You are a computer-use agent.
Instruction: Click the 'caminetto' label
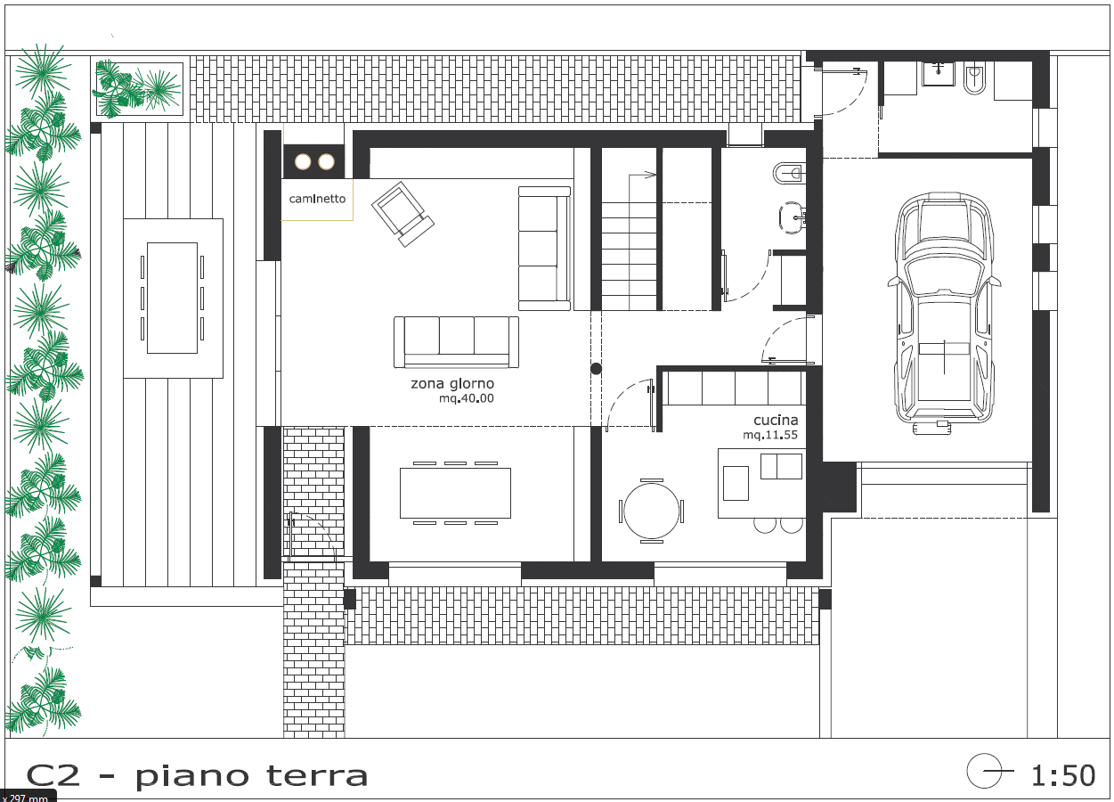click(x=317, y=199)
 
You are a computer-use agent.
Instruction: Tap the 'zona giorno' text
click(x=452, y=383)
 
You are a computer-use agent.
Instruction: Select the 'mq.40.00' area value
click(x=467, y=398)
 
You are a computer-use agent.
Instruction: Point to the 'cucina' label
click(x=776, y=421)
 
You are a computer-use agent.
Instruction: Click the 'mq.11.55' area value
click(x=770, y=436)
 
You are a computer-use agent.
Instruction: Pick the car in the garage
click(x=944, y=314)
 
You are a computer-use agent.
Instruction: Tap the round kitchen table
click(x=652, y=511)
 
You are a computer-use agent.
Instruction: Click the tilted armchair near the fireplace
click(x=403, y=214)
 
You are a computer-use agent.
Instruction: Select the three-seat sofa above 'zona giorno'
click(x=456, y=342)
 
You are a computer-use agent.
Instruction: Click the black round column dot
click(x=597, y=369)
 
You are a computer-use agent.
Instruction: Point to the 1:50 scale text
click(x=1063, y=775)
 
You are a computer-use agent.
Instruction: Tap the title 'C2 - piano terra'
click(x=197, y=776)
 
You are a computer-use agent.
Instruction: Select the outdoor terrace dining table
click(x=173, y=298)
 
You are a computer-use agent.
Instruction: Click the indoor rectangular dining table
click(x=456, y=493)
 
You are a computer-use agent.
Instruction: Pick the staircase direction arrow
click(x=642, y=175)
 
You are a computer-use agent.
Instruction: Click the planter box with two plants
click(x=139, y=89)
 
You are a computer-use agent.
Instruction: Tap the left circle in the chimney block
click(x=303, y=161)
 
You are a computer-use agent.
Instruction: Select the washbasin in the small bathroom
click(x=792, y=217)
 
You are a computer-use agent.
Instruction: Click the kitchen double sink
click(x=781, y=466)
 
